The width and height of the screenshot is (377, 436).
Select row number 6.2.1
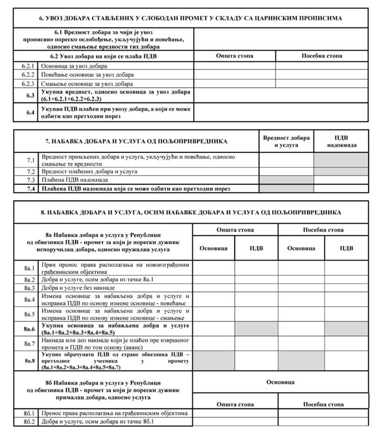coord(28,66)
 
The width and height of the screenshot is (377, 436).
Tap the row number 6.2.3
coord(28,84)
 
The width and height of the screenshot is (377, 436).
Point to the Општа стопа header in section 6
coord(234,56)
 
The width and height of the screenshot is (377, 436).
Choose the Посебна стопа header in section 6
coord(321,56)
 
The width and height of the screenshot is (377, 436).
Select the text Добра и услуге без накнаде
coord(77,288)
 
